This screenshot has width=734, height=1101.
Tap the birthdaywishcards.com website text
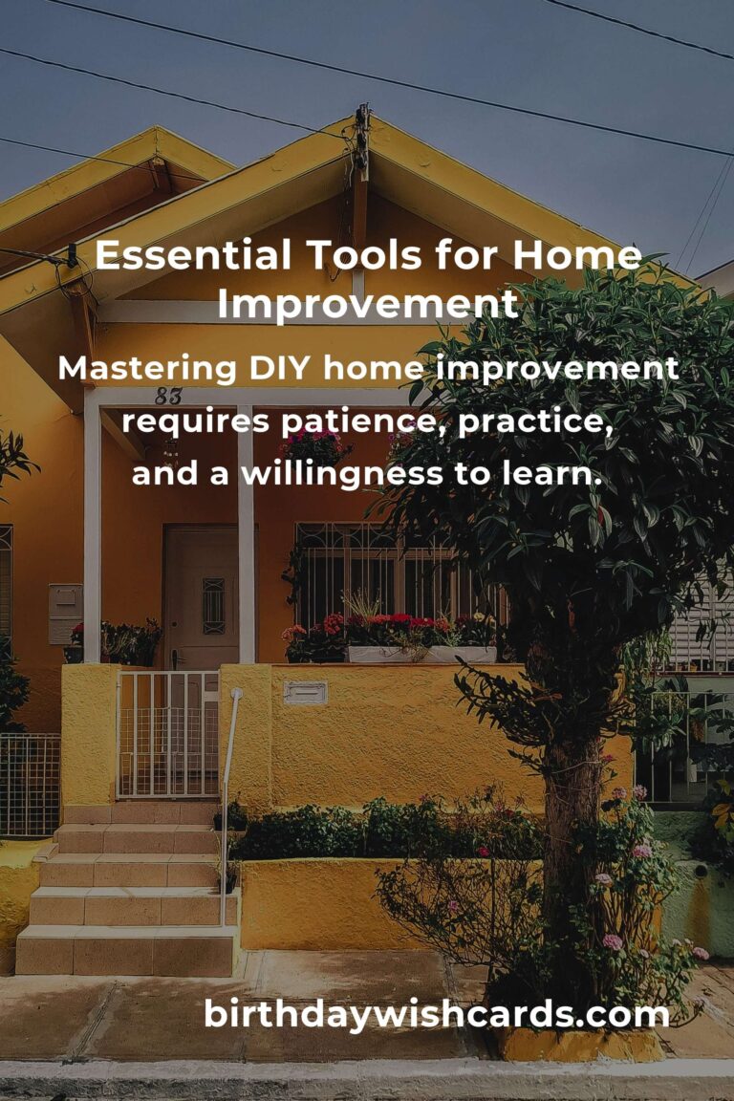[x=437, y=1014]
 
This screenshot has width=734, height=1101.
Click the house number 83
[x=168, y=397]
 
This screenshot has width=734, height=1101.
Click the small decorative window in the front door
[x=213, y=605]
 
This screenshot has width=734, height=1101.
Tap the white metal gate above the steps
[x=168, y=734]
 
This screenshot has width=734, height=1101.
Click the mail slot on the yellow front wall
[x=305, y=692]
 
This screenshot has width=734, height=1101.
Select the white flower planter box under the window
[x=421, y=655]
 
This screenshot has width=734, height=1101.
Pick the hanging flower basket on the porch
[x=314, y=447]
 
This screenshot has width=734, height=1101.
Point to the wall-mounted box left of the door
[x=65, y=613]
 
